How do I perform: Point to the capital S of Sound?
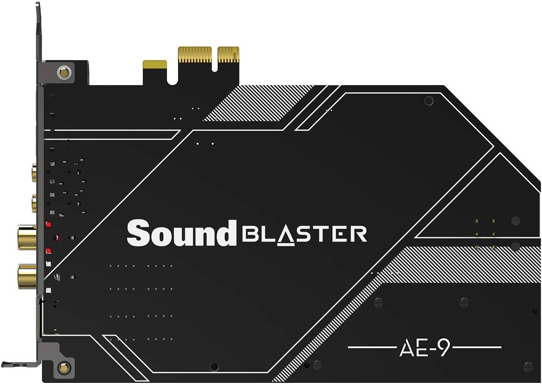coord(138,233)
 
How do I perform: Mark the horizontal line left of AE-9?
coord(371,348)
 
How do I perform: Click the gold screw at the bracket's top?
coord(64,73)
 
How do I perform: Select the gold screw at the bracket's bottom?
coord(63,367)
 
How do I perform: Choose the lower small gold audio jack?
coord(34,203)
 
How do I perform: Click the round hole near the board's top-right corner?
coord(429,100)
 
